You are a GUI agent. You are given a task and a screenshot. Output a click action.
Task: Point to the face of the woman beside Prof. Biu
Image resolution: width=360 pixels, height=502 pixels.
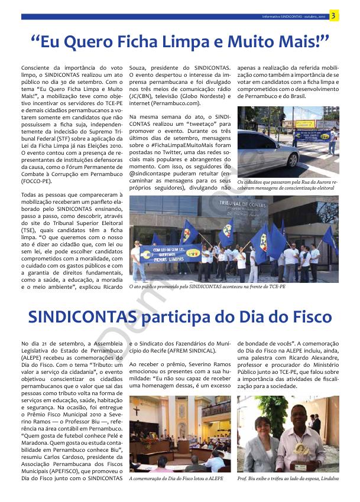pyautogui.click(x=260, y=426)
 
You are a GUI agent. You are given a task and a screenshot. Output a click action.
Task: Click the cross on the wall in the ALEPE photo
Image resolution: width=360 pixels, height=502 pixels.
pyautogui.click(x=137, y=410)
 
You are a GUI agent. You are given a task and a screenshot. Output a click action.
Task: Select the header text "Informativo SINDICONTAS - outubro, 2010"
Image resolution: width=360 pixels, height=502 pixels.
pyautogui.click(x=294, y=17)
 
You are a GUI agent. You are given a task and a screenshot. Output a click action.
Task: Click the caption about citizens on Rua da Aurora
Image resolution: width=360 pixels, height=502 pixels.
pyautogui.click(x=288, y=185)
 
